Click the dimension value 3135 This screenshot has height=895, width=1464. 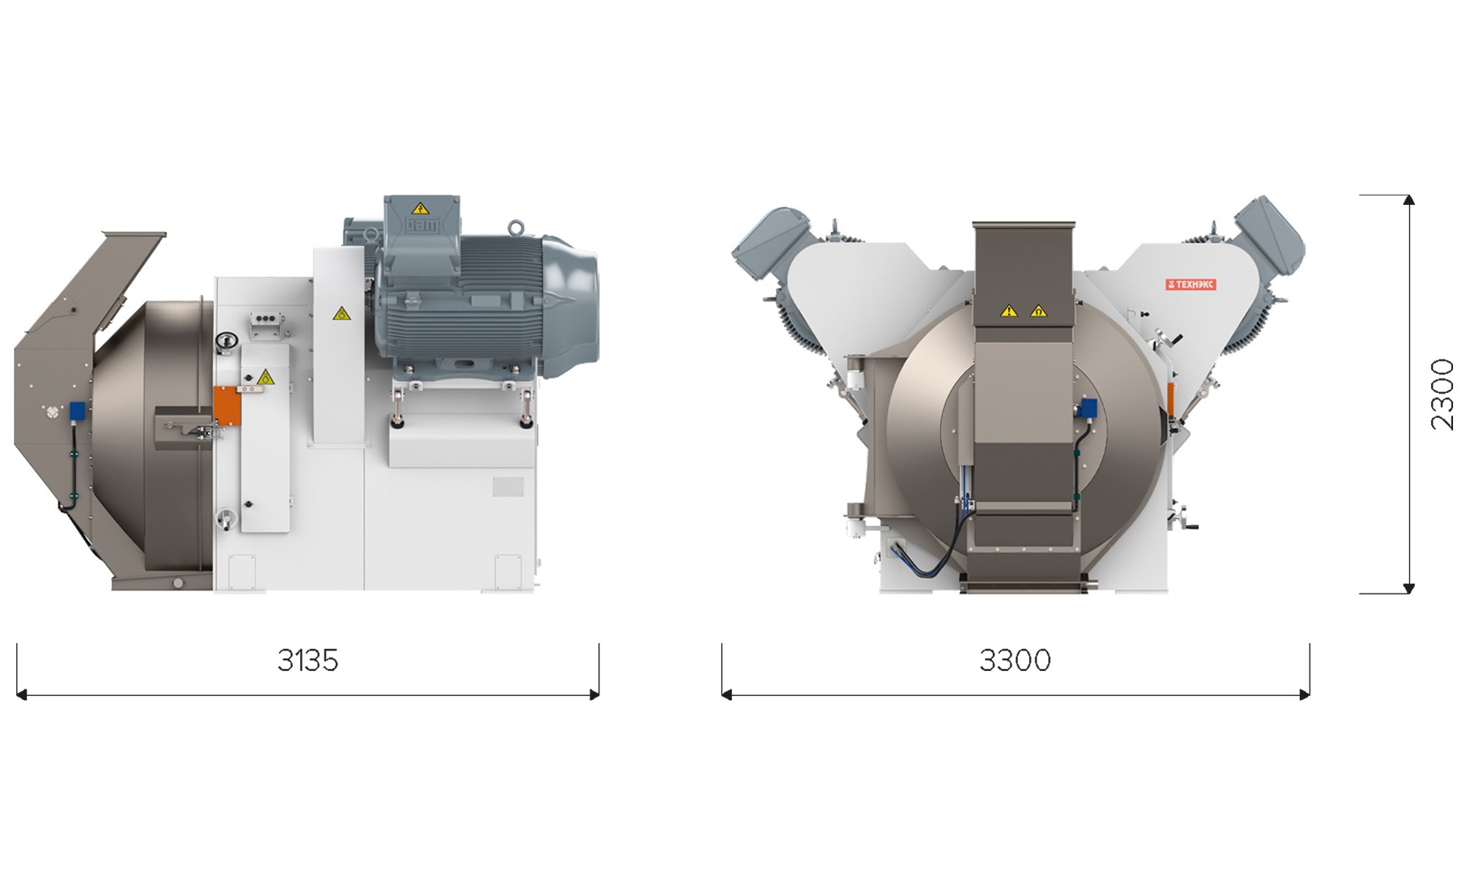coord(307,660)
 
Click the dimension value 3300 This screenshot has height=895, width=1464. coord(1015,660)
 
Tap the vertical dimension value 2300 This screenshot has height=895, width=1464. coord(1442,394)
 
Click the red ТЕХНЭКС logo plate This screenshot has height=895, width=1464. coord(1191,284)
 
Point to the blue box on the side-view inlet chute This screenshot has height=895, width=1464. coord(77,411)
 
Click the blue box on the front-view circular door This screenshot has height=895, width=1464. coord(1088,408)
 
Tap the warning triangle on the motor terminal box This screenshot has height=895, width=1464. coord(419,208)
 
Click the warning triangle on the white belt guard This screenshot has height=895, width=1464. coord(341,313)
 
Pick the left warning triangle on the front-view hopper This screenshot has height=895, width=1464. coord(1009,311)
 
